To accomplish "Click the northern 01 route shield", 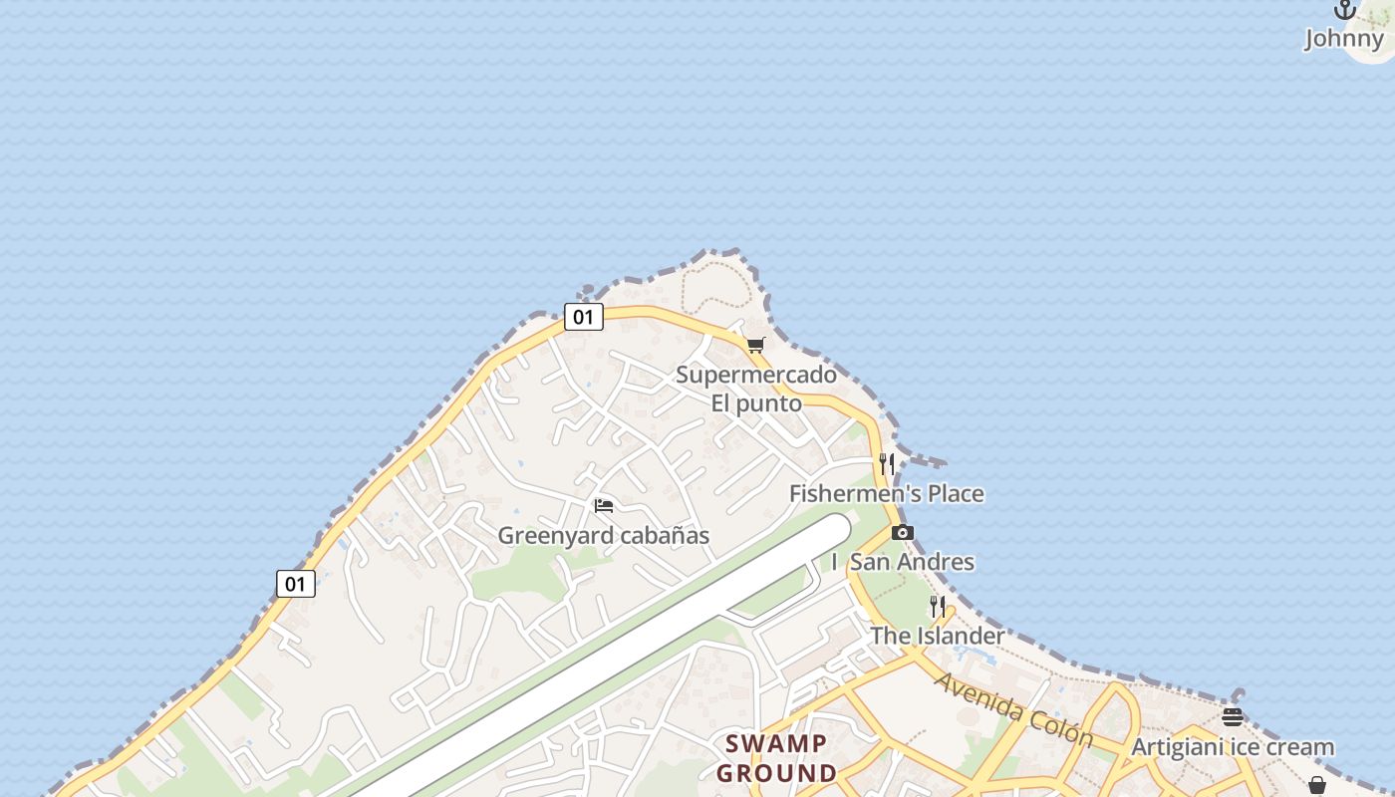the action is pos(584,318).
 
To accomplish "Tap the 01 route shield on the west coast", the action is pos(296,584).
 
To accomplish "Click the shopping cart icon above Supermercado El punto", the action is pos(756,346).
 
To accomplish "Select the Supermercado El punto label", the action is pos(756,390).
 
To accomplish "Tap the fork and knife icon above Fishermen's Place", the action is pos(887,463).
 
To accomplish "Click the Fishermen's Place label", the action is pos(886,494).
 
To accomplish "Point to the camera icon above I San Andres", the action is pos(903,532).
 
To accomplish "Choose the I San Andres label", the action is pos(903,562).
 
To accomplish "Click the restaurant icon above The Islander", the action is pos(938,606).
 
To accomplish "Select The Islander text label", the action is pos(938,636).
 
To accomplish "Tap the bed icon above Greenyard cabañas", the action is pos(604,506).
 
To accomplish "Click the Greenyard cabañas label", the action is pos(604,536).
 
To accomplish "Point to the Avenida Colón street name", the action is pos(1014,710).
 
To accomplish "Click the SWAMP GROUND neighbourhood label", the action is pos(776,758).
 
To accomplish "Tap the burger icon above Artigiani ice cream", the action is pos(1233,717).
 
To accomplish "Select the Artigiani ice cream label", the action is pos(1233,747).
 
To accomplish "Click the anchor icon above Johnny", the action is pos(1345,10).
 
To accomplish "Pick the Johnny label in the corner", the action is pos(1345,39).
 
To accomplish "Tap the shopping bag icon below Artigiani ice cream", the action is pos(1317,786).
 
